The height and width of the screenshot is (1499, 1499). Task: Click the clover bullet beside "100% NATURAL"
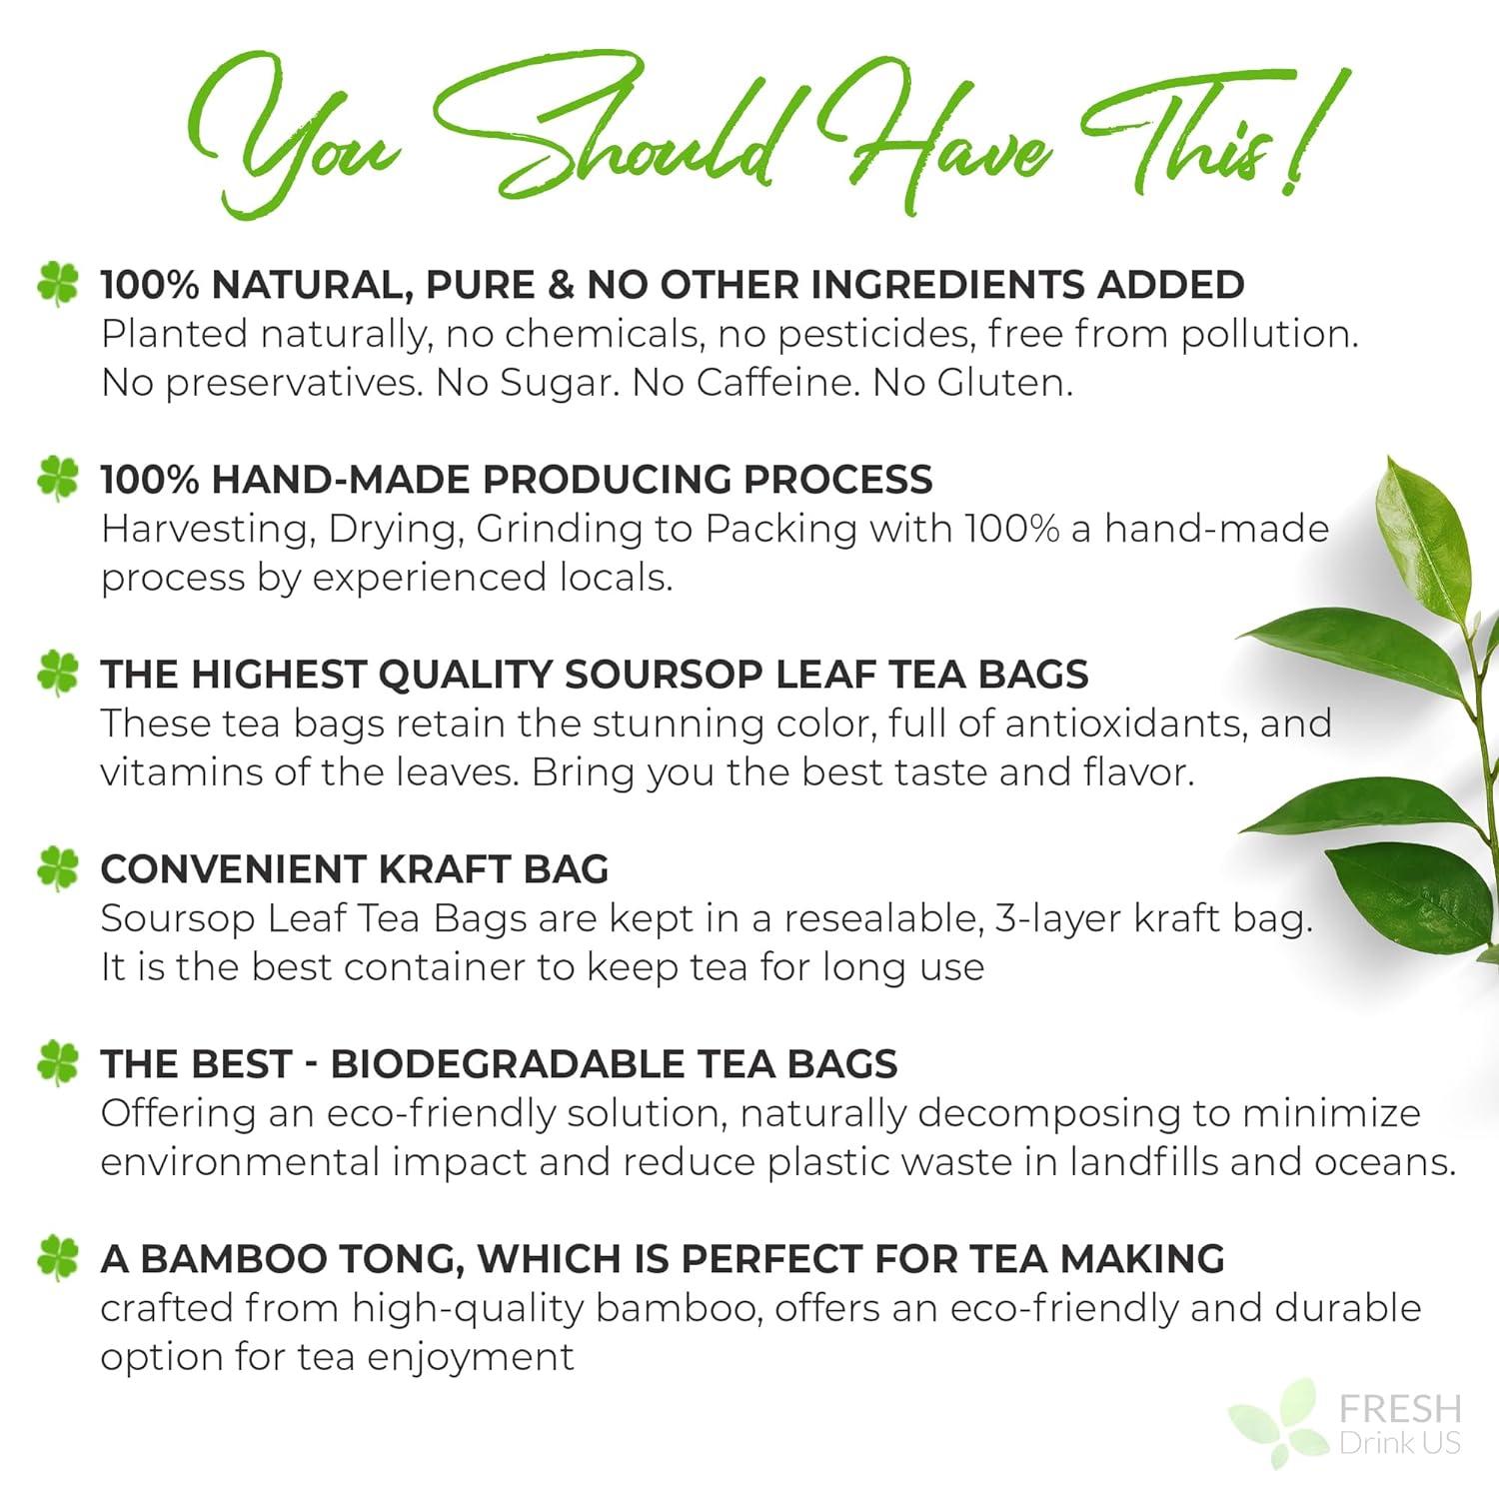pyautogui.click(x=57, y=285)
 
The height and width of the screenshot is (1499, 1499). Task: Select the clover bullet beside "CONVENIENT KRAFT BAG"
pyautogui.click(x=57, y=869)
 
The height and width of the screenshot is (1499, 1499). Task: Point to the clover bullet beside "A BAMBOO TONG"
pyautogui.click(x=57, y=1259)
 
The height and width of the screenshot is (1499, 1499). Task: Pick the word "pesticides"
pyautogui.click(x=874, y=334)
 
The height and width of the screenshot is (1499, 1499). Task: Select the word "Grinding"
pyautogui.click(x=559, y=530)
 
